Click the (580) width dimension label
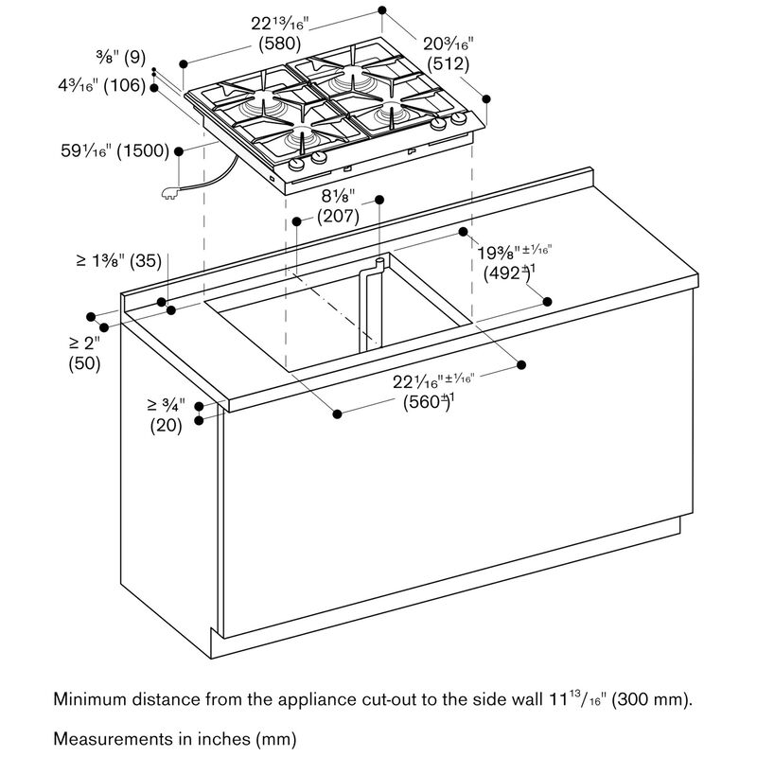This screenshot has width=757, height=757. (280, 44)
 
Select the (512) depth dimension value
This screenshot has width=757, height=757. (448, 63)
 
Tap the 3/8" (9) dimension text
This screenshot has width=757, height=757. (121, 57)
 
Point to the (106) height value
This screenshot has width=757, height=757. (125, 85)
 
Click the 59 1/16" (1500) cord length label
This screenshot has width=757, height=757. (114, 150)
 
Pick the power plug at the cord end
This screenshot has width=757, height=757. (170, 193)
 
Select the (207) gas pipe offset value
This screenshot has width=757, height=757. (338, 216)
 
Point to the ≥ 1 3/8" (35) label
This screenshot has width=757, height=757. (119, 261)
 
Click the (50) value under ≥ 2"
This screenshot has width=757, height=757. (84, 363)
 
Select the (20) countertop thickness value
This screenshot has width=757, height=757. (167, 426)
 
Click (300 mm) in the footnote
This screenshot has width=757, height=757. (652, 699)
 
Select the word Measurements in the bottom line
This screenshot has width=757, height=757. (112, 739)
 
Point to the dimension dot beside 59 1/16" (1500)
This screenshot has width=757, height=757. (179, 151)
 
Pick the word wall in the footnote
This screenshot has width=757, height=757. (527, 699)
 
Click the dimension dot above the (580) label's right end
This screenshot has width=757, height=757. (382, 10)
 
